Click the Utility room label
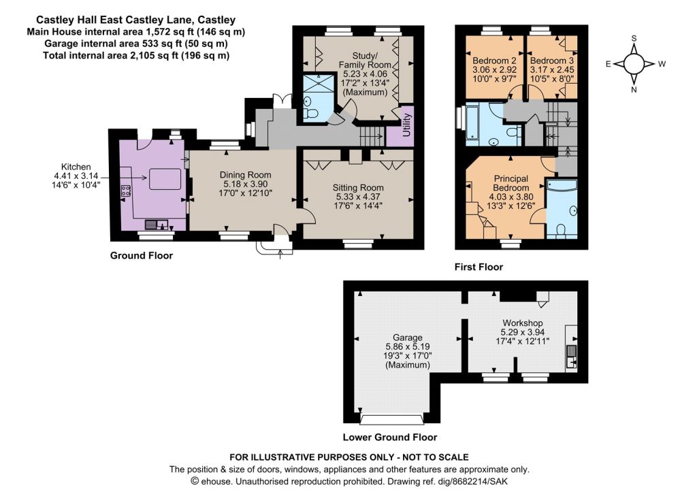[407, 125]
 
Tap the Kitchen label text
[76, 167]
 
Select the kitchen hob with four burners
[126, 191]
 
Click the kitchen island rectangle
[165, 179]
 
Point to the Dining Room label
[245, 175]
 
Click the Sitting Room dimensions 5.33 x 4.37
[358, 197]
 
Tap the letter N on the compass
[634, 89]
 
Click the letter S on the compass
[634, 38]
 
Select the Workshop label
[522, 323]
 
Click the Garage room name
[407, 338]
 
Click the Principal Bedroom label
[511, 183]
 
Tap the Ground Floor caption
[142, 256]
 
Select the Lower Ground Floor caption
[390, 438]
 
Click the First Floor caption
[479, 267]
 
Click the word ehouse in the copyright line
[216, 481]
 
